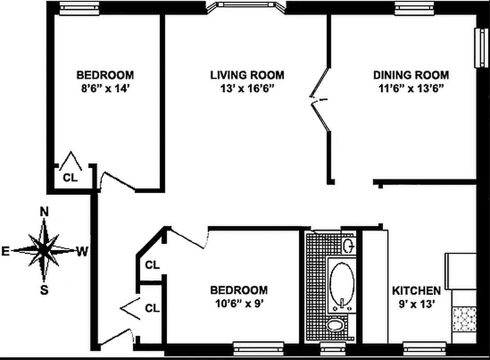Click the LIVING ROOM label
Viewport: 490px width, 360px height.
point(247,75)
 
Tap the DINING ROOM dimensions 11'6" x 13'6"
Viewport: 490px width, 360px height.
point(411,88)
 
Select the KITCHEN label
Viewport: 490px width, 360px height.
point(416,291)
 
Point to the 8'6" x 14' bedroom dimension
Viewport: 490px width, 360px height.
point(104,88)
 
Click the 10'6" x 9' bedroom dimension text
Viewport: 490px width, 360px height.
point(239,304)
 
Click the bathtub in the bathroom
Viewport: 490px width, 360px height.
point(342,283)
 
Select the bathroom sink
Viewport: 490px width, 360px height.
point(348,246)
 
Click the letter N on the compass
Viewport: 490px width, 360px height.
point(44,211)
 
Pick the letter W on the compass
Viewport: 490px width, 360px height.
point(82,251)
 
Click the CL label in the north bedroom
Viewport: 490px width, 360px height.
point(70,177)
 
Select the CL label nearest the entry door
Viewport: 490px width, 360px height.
point(152,308)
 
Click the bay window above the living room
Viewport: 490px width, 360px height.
point(245,5)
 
